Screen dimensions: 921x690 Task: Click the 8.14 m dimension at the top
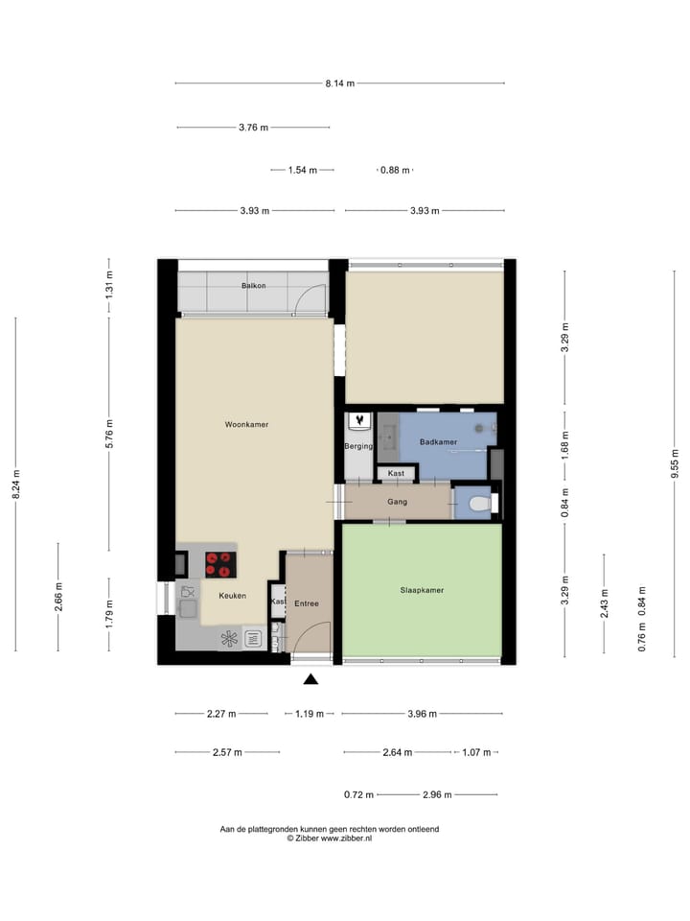(x=339, y=83)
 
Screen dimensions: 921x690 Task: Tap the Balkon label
(x=253, y=286)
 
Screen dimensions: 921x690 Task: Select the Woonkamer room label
(x=246, y=424)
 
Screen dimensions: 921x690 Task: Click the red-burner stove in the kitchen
(x=219, y=564)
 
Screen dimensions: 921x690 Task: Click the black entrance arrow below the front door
(x=310, y=680)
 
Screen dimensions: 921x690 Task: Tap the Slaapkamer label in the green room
(x=422, y=590)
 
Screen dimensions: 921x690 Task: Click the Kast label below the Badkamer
(x=396, y=473)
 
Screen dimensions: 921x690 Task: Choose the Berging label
(x=357, y=447)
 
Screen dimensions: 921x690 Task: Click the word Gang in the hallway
(x=398, y=502)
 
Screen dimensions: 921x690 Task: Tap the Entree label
(x=307, y=603)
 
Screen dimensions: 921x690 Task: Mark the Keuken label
(x=232, y=596)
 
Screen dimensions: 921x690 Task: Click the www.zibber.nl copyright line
(x=330, y=838)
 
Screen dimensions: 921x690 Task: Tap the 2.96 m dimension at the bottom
(x=438, y=794)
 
